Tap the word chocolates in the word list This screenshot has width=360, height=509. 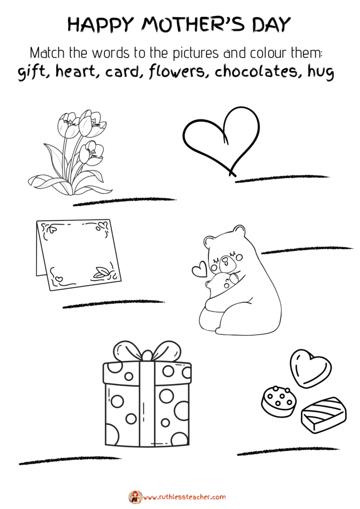tap(255, 71)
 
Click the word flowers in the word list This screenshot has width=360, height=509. tap(177, 72)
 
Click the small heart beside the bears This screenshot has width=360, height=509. tap(199, 269)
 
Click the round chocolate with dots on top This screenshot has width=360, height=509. tap(279, 400)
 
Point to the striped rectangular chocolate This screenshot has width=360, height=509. tap(324, 414)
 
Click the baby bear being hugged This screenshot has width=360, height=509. tap(221, 284)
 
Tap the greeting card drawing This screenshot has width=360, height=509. tap(78, 254)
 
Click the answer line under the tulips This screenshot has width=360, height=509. tap(125, 202)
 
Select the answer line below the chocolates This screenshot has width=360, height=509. tap(288, 451)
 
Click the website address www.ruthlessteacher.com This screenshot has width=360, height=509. tap(184, 497)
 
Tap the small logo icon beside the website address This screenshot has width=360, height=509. tap(135, 497)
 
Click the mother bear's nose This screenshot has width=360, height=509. tap(224, 260)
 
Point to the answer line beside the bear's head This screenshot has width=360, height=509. tap(307, 251)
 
